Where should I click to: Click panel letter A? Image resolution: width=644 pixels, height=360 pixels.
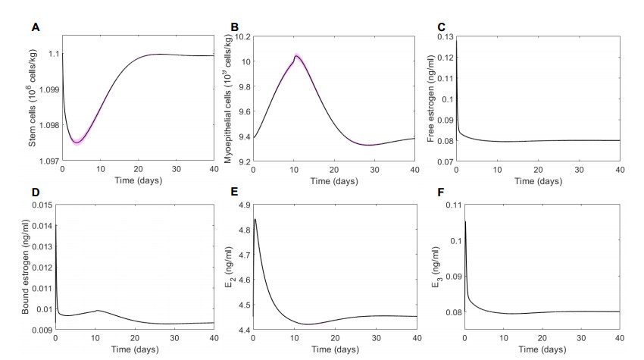tap(35, 27)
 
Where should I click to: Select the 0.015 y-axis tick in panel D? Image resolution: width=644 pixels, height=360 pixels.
tap(42, 205)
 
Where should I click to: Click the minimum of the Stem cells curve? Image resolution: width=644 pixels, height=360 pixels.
tap(77, 142)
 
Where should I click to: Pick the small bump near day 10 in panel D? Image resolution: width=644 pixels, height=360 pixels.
tap(95, 310)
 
